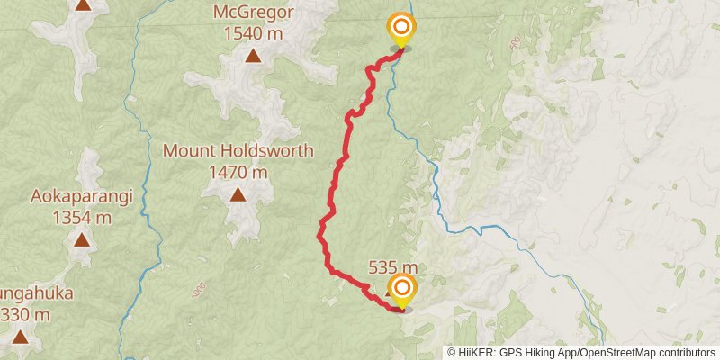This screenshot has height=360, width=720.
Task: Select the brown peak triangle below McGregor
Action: click(254, 57)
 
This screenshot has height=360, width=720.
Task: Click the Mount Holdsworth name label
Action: click(238, 151)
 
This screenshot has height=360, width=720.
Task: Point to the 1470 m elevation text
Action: click(238, 171)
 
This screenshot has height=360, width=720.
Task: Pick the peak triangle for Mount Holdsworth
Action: click(238, 194)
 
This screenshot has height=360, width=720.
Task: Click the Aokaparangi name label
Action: click(82, 196)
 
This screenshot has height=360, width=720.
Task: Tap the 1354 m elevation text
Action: click(82, 217)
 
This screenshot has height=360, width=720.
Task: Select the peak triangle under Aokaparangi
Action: click(82, 240)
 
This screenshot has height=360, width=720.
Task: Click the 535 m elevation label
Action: click(393, 267)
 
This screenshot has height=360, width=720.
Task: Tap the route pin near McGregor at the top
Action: click(400, 30)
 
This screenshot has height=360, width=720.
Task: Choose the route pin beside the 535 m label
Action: click(402, 291)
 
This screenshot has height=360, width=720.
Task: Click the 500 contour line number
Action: click(514, 42)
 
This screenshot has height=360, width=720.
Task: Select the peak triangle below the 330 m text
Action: click(21, 337)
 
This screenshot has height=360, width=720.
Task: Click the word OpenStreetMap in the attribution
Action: click(618, 352)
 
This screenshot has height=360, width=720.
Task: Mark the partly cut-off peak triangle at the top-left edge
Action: click(83, 4)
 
